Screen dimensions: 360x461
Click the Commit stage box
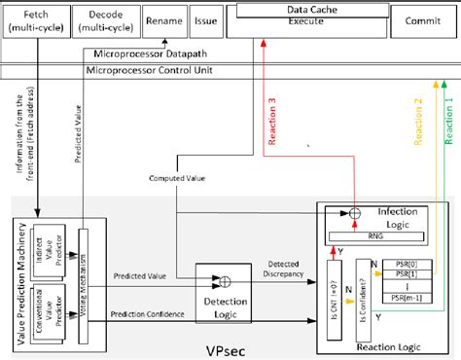tap(420, 19)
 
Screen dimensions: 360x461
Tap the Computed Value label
tap(178, 179)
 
